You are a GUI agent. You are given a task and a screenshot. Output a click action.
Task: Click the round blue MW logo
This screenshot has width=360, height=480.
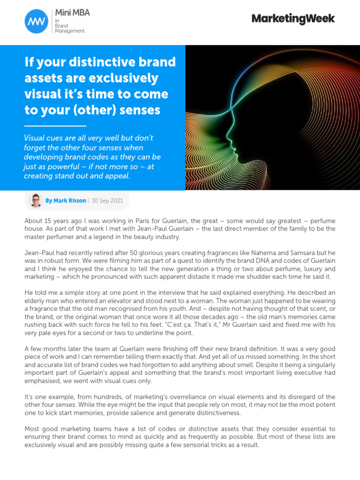(x=36, y=21)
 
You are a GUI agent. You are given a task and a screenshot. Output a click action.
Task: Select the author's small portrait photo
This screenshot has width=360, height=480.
(x=36, y=200)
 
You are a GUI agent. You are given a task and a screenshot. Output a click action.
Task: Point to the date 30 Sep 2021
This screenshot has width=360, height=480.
(x=107, y=201)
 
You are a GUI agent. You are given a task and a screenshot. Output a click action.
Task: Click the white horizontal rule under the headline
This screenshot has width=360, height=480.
(x=55, y=126)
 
